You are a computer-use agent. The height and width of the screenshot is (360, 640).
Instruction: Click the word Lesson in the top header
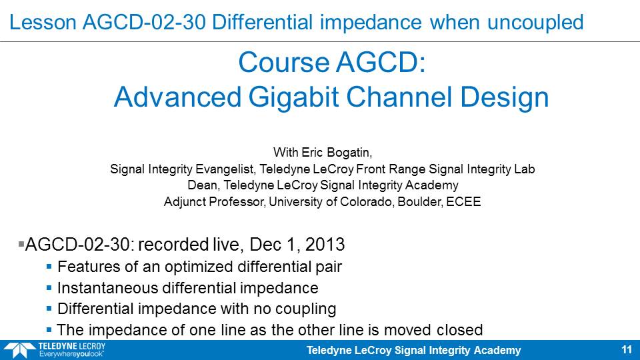[43, 22]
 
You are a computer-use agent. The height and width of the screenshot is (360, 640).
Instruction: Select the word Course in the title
[284, 63]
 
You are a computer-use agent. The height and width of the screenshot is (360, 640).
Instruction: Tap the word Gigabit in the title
[293, 98]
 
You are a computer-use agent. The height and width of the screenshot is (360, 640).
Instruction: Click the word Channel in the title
[399, 97]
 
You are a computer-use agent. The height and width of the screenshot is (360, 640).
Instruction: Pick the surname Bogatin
[348, 153]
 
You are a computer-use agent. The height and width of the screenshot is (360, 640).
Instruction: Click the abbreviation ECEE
[464, 201]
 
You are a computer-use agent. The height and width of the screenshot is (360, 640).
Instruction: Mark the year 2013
[325, 245]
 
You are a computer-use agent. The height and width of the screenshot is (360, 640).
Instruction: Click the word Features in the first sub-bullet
[89, 267]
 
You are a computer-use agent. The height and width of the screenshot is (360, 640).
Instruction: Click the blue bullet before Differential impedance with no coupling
[49, 309]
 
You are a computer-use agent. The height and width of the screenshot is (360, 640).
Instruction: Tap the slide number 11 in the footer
[627, 350]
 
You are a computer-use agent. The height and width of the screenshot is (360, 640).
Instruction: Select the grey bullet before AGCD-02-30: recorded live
[21, 244]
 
